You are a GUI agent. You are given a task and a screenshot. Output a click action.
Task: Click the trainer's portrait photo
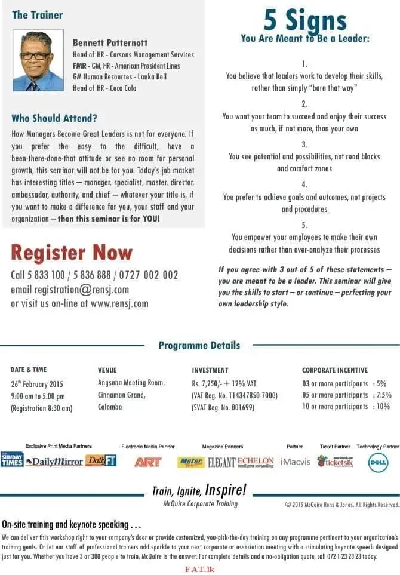tap(38, 60)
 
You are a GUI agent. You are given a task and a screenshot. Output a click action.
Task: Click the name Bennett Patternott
tap(110, 43)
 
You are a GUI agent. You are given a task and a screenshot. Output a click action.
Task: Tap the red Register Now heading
tap(72, 252)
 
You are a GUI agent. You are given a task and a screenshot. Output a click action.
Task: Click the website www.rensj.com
tap(119, 303)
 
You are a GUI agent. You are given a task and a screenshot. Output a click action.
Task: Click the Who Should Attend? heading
tap(54, 118)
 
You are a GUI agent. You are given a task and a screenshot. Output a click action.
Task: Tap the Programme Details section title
tap(199, 345)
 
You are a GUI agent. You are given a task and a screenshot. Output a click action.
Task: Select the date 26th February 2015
tap(37, 384)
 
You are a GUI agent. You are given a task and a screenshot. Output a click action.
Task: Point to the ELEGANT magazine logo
tap(221, 462)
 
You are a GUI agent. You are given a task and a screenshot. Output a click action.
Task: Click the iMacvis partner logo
tap(296, 462)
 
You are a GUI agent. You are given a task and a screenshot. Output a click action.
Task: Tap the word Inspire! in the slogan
tap(225, 491)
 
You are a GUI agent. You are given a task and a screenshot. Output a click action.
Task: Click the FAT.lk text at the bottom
tap(199, 569)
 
